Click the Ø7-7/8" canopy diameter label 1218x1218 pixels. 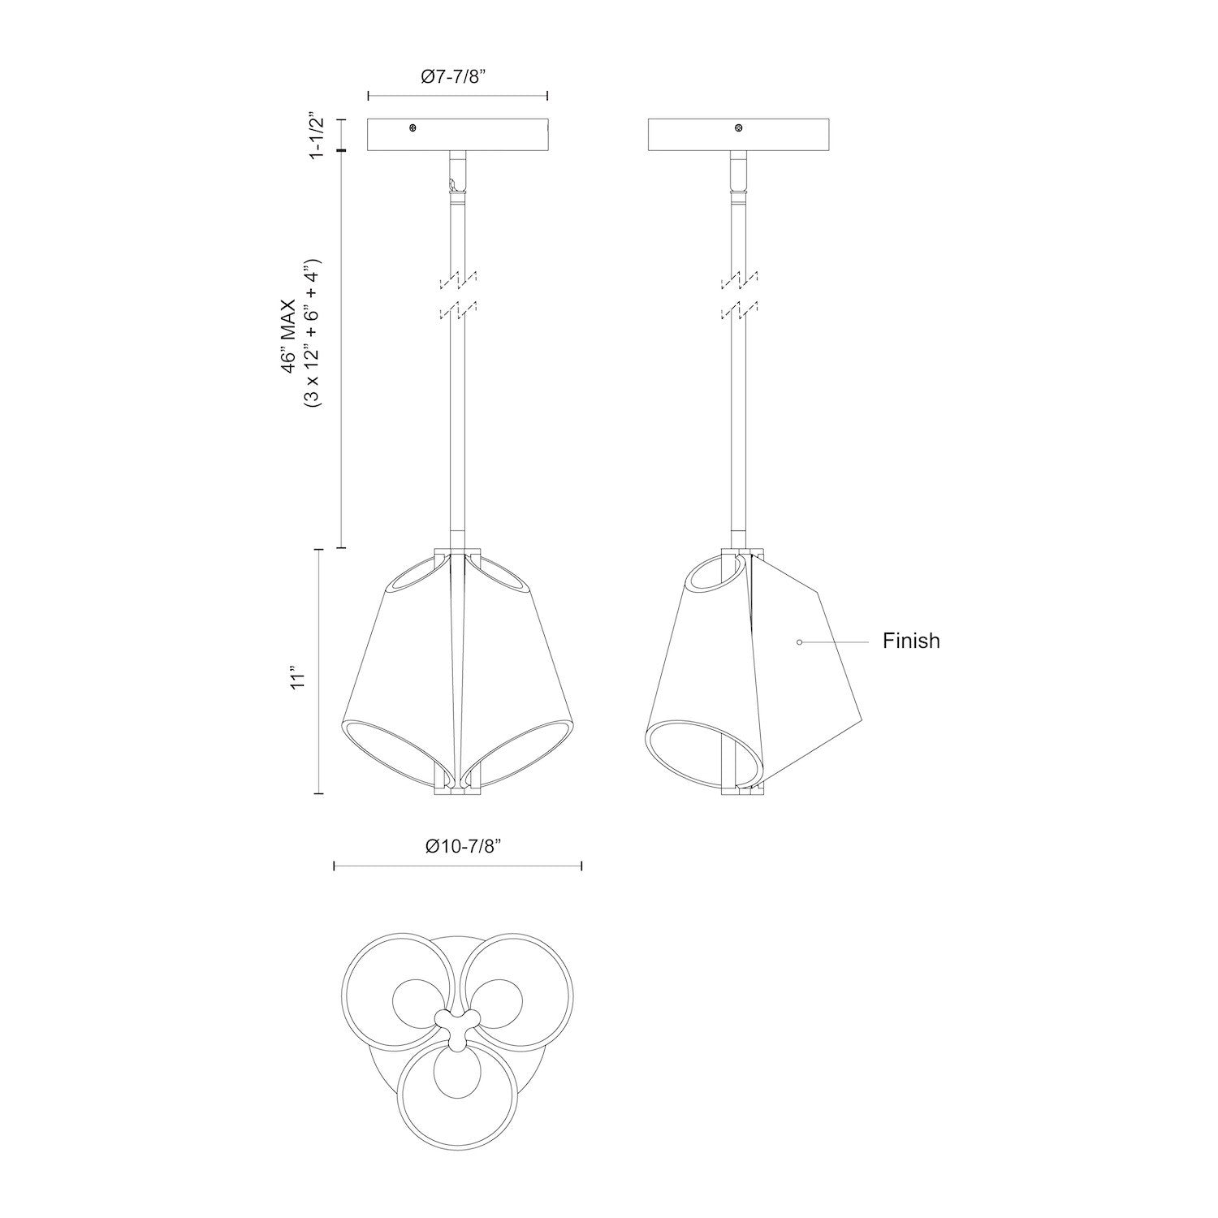(x=457, y=77)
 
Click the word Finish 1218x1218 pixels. (x=911, y=641)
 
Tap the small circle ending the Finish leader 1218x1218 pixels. (x=800, y=641)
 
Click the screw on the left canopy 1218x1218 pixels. (x=413, y=128)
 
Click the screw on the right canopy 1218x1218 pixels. (x=738, y=128)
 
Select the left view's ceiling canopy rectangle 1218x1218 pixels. (x=458, y=135)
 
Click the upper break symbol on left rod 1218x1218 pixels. (x=458, y=279)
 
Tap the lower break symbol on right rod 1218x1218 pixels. (x=739, y=310)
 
